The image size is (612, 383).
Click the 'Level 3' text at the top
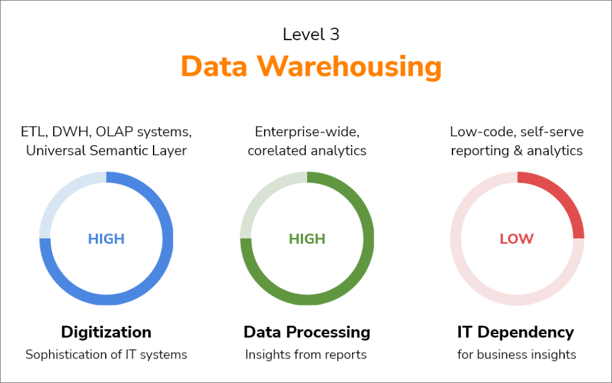311,34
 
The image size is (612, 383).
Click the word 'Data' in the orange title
214,66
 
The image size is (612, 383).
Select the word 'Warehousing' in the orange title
349,67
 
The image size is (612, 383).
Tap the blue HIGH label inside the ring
106,238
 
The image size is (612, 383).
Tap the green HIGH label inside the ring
307,238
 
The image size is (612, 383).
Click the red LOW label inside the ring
516,238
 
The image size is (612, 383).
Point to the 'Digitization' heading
106,332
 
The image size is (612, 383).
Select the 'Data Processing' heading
307,332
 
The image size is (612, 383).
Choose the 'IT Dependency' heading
516,332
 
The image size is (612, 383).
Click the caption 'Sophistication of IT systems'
106,354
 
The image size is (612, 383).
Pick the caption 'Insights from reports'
306,354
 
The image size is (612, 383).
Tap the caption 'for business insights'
516,354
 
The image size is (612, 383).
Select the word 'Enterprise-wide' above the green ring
307,132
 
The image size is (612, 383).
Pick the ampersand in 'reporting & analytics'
518,151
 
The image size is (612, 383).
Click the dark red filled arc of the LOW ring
567,195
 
